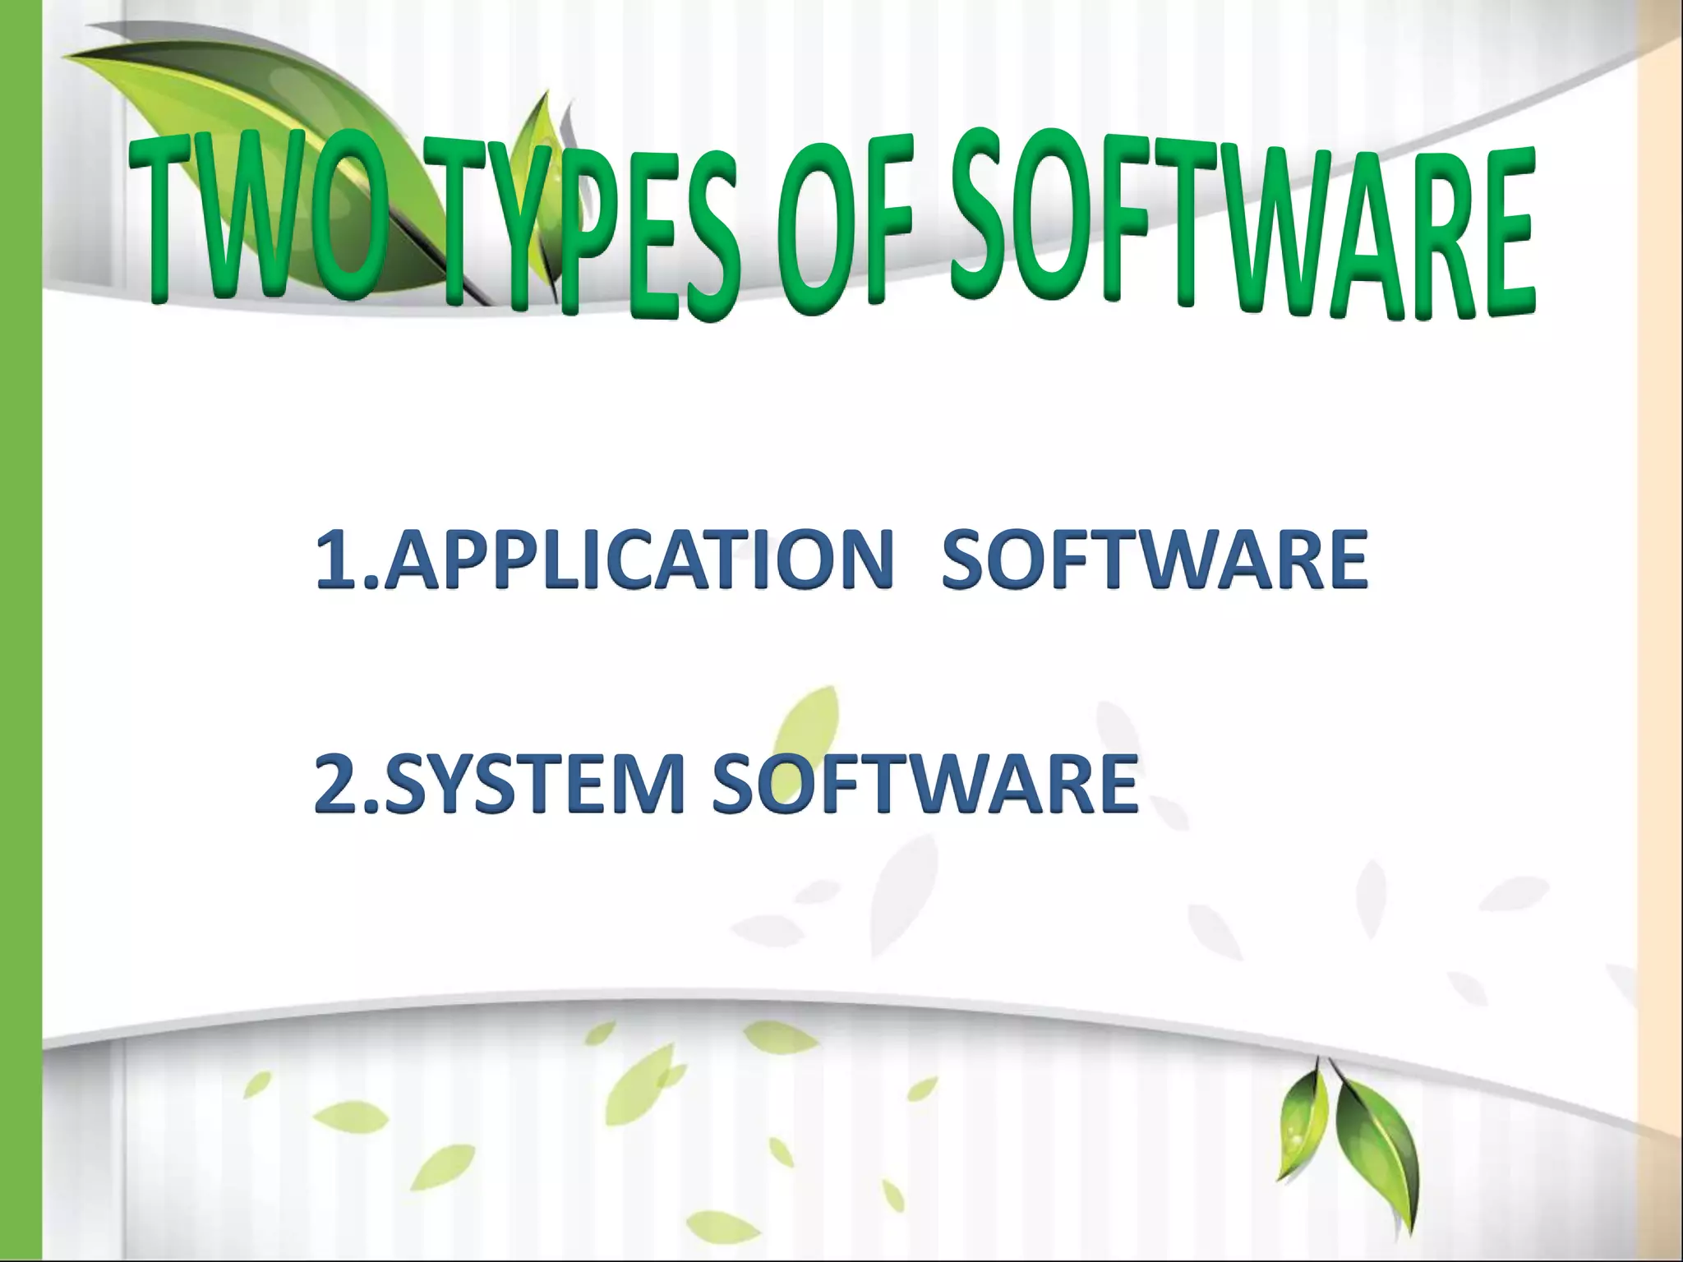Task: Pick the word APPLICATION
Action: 637,560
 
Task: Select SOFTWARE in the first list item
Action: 1154,560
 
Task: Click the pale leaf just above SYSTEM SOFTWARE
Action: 809,723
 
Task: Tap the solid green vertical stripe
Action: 21,631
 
